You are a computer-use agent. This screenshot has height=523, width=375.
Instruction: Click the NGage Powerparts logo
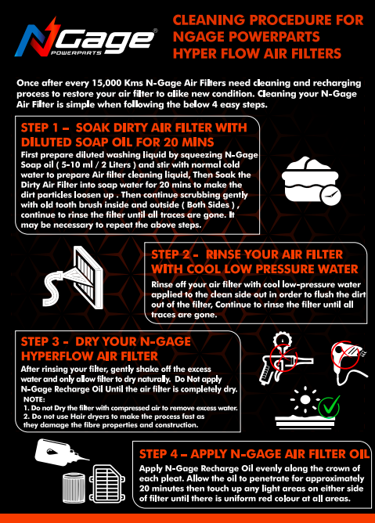[x=86, y=38]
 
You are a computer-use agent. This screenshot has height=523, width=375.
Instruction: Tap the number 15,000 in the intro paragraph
[x=106, y=83]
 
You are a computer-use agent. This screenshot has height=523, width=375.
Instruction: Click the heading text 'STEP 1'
[x=40, y=128]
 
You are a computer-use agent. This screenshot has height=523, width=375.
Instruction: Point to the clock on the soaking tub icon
[x=330, y=195]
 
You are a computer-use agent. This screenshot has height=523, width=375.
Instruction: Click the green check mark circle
[x=329, y=407]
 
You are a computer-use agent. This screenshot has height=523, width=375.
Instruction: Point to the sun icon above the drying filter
[x=305, y=400]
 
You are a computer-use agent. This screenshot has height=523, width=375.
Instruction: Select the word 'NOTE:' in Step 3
[x=34, y=399]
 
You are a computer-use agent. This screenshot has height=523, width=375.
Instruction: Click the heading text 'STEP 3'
[x=40, y=341]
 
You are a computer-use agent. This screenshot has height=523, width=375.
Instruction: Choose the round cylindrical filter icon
[x=74, y=488]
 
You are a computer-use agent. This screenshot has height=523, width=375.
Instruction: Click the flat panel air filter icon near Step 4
[x=107, y=484]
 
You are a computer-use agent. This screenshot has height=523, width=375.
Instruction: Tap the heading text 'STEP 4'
[x=158, y=454]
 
